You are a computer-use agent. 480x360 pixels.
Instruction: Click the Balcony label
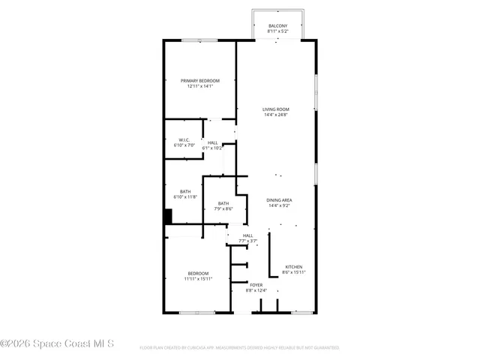pyautogui.click(x=277, y=26)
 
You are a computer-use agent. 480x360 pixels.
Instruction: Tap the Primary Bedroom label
pyautogui.click(x=200, y=81)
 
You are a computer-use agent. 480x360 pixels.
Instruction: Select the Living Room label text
pyautogui.click(x=276, y=109)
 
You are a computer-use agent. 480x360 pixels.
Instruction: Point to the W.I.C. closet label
pyautogui.click(x=184, y=139)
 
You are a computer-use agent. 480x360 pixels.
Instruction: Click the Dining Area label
pyautogui.click(x=279, y=200)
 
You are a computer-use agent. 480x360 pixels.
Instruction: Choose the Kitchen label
pyautogui.click(x=293, y=267)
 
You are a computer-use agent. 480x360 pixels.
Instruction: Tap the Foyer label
pyautogui.click(x=257, y=286)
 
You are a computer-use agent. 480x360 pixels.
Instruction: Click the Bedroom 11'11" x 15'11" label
pyautogui.click(x=198, y=273)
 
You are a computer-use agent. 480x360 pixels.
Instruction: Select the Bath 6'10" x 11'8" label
pyautogui.click(x=184, y=191)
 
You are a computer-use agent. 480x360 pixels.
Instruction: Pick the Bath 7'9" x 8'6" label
pyautogui.click(x=223, y=203)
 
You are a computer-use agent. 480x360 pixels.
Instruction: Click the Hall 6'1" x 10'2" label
pyautogui.click(x=213, y=142)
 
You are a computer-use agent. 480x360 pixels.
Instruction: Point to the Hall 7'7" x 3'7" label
pyautogui.click(x=247, y=235)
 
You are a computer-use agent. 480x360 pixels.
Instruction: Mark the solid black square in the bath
pyautogui.click(x=169, y=216)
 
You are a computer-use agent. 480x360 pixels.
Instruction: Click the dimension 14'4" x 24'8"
pyautogui.click(x=276, y=115)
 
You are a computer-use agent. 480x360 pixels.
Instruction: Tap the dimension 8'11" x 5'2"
pyautogui.click(x=277, y=31)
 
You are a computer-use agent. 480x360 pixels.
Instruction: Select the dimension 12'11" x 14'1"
pyautogui.click(x=200, y=86)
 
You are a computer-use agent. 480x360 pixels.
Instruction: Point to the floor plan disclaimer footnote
pyautogui.click(x=239, y=348)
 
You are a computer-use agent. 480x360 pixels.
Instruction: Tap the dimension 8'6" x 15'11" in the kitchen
pyautogui.click(x=293, y=272)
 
